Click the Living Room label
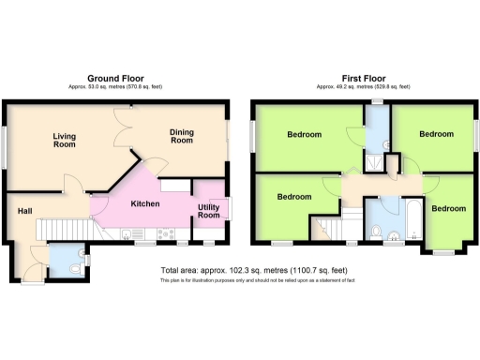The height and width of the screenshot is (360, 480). [64, 140]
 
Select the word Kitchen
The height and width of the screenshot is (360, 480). [144, 203]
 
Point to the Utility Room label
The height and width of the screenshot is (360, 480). [209, 211]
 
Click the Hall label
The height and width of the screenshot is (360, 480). [24, 210]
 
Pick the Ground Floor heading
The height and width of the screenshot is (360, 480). [114, 78]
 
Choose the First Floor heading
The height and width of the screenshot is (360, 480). [363, 78]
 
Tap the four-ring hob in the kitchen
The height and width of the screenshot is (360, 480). [163, 232]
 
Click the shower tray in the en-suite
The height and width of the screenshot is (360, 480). [374, 161]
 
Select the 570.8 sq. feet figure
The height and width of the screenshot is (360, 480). [142, 86]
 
